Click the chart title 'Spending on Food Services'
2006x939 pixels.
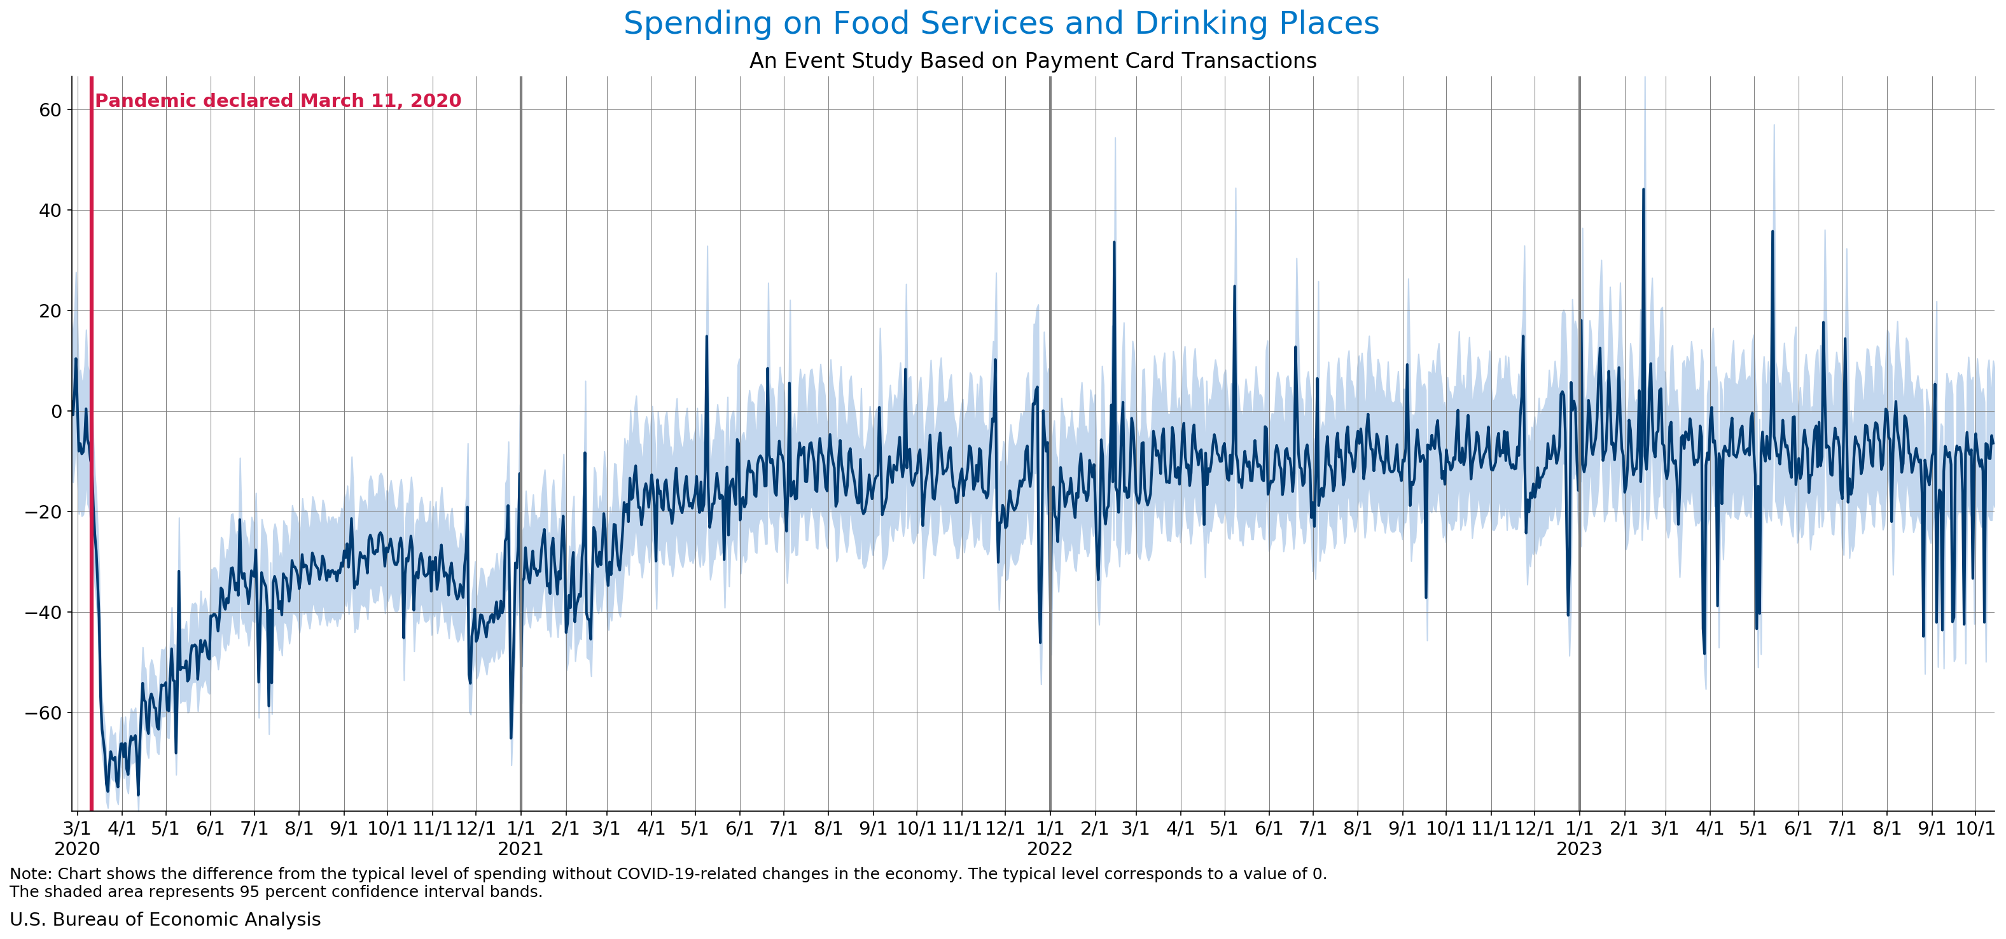(1001, 24)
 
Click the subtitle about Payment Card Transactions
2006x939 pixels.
(1033, 60)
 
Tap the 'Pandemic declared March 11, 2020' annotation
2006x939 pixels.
(278, 101)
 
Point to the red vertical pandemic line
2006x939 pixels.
(91, 467)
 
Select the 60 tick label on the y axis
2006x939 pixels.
(50, 110)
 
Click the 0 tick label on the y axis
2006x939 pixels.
(56, 411)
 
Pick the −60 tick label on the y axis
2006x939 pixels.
(44, 713)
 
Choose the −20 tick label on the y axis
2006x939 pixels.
(44, 511)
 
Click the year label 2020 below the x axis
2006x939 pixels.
(77, 849)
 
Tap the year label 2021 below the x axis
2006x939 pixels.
(520, 849)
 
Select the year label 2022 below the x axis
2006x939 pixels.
(1050, 849)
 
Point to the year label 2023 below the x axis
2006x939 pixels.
(1578, 849)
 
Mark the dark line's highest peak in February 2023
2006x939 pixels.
(1643, 189)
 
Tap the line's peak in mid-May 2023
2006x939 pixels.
(1773, 231)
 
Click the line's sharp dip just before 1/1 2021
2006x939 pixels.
(511, 737)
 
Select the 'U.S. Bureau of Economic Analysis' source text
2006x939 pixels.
(165, 919)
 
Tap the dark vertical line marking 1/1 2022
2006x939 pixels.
(1050, 467)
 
